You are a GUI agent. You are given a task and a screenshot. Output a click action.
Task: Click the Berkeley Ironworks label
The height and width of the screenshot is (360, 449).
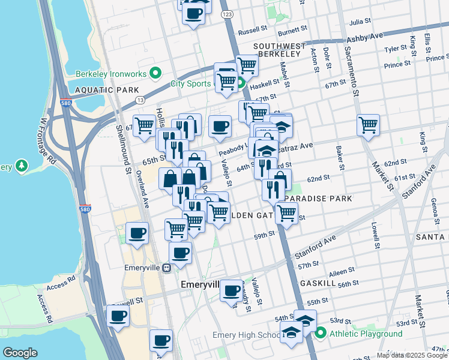click(x=112, y=74)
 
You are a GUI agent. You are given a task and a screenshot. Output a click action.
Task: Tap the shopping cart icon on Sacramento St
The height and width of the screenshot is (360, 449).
click(x=368, y=125)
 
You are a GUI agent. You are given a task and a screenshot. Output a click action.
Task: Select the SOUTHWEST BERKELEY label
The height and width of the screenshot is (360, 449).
click(x=276, y=50)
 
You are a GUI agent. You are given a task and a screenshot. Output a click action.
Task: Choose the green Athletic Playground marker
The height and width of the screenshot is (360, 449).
click(x=320, y=333)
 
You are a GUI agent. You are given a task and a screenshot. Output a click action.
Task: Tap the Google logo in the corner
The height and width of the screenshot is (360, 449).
click(x=20, y=353)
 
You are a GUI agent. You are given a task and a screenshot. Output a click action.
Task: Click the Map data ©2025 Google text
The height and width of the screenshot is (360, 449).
click(x=412, y=356)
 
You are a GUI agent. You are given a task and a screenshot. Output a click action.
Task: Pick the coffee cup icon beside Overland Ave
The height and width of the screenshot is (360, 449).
click(x=137, y=233)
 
